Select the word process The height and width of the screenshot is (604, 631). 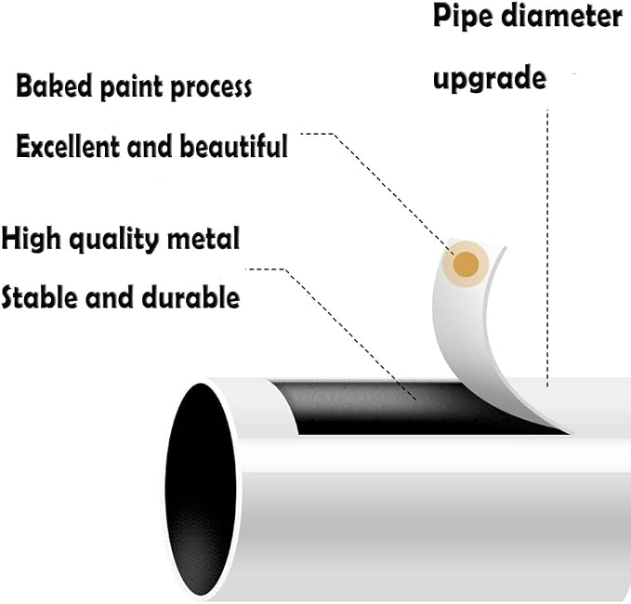coord(211,88)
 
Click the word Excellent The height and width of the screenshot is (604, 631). coord(67,146)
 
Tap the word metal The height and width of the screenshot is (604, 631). coord(204,238)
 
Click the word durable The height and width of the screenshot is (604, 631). coord(191,297)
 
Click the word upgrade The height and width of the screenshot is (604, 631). coord(490,78)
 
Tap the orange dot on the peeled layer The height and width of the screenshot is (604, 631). coord(466,265)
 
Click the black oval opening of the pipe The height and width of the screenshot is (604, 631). coord(201,490)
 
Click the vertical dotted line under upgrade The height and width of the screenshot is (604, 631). coord(547,248)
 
